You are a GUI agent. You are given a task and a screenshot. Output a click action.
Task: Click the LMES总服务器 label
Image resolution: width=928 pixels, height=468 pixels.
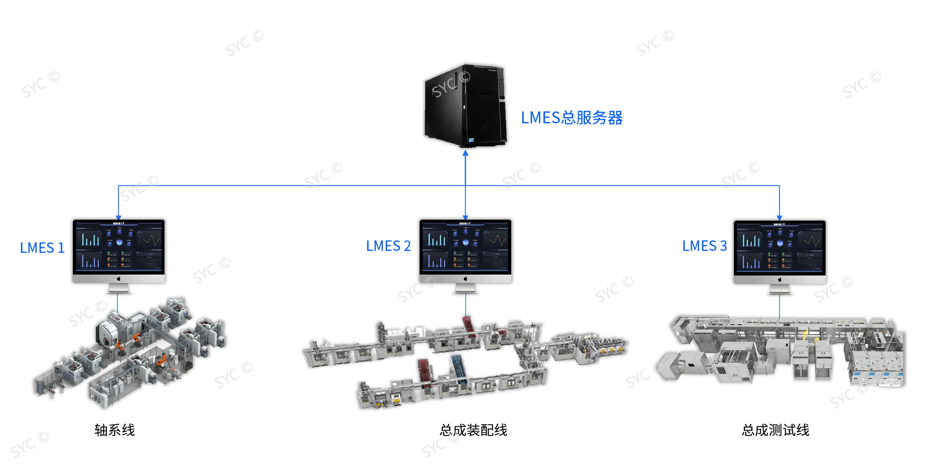(x=571, y=117)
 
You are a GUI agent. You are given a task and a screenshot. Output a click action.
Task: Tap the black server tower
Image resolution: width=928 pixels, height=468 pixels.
(x=465, y=106)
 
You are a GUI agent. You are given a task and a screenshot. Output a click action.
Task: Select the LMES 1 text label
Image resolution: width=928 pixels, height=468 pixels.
(x=42, y=248)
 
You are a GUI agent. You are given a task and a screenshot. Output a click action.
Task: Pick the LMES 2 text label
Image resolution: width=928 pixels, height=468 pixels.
(x=388, y=246)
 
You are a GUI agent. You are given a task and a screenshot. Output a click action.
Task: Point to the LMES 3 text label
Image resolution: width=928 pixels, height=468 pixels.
(x=704, y=246)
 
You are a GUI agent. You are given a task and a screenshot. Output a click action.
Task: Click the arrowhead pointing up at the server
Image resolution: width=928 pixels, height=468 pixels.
(x=465, y=153)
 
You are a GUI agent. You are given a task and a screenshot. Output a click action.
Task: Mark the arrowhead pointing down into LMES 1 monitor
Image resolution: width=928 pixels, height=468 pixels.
(x=119, y=217)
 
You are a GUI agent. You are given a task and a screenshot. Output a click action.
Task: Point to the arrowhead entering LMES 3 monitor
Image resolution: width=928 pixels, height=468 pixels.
(x=779, y=217)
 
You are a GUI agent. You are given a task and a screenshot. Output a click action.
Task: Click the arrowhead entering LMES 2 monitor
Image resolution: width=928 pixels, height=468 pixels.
(x=465, y=217)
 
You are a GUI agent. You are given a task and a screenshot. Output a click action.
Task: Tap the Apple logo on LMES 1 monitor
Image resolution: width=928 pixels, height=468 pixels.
(x=119, y=278)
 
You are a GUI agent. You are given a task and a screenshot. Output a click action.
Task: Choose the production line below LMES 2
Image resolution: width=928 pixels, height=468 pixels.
(x=465, y=361)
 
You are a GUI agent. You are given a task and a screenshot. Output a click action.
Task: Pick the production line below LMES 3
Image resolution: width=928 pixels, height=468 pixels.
(x=785, y=350)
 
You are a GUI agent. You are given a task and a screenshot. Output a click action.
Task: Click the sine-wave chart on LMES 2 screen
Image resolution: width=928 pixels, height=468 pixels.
(x=496, y=240)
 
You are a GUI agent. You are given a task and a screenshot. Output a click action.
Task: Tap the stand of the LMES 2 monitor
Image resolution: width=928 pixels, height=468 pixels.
(x=465, y=288)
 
